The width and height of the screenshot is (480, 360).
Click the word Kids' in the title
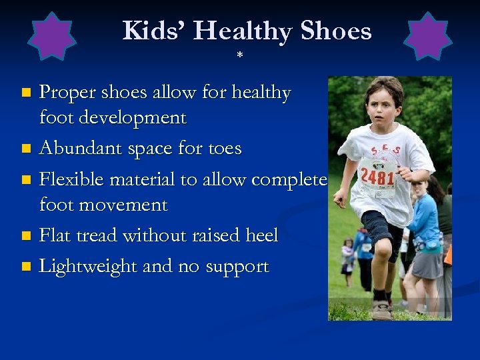[x=155, y=31]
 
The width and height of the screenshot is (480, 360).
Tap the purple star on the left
[x=52, y=36]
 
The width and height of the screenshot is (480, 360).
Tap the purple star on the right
[x=428, y=36]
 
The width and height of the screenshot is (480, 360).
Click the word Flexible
[x=71, y=179]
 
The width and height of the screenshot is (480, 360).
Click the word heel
[x=258, y=235]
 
